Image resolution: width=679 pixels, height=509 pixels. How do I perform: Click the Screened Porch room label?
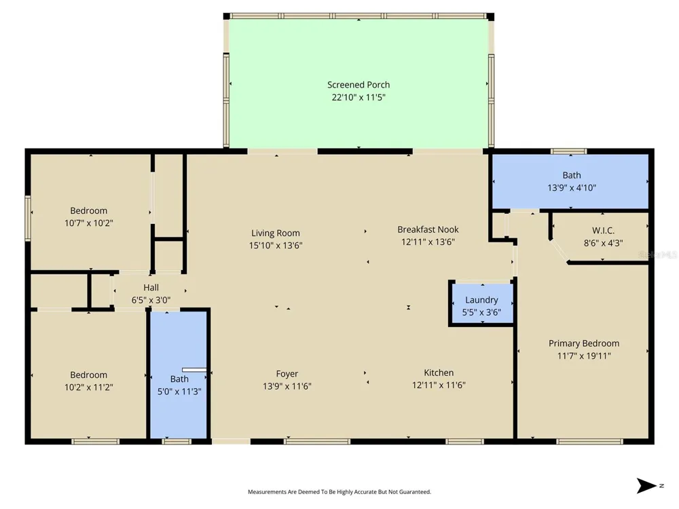pos(359,85)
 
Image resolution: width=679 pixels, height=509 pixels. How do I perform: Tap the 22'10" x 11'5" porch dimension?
pos(359,97)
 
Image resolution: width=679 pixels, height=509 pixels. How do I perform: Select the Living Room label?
pos(276,233)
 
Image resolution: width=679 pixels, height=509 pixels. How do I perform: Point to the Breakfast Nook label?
pos(428,229)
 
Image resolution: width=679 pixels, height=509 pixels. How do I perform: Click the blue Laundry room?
pos(482,303)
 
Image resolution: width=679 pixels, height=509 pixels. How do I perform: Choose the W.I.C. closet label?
pos(603,231)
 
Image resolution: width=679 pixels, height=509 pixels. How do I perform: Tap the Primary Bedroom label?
pos(584,343)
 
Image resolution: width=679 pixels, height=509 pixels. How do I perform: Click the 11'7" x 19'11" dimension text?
pos(584,356)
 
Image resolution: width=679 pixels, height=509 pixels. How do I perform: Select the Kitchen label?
pos(439,373)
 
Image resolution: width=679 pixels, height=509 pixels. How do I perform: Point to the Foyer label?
pos(287,374)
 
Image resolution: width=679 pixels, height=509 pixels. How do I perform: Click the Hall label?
pos(151,287)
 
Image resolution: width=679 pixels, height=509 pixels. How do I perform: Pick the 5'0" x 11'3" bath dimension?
pos(179,392)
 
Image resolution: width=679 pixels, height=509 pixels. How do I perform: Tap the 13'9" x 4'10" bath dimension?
pos(572,188)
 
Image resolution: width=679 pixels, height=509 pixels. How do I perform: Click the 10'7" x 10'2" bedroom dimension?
pos(89,223)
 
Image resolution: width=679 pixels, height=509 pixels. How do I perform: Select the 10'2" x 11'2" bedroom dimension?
pos(89,388)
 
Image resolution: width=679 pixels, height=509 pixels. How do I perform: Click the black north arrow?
pos(646,486)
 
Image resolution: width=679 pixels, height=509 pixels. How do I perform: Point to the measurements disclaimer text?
pos(339,491)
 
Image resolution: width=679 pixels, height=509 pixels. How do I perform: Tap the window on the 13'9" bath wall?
pos(568,151)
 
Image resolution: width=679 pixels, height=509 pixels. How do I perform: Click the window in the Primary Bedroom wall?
pos(589,442)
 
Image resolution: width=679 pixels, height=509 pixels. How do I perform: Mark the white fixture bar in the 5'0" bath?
pos(194,370)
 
